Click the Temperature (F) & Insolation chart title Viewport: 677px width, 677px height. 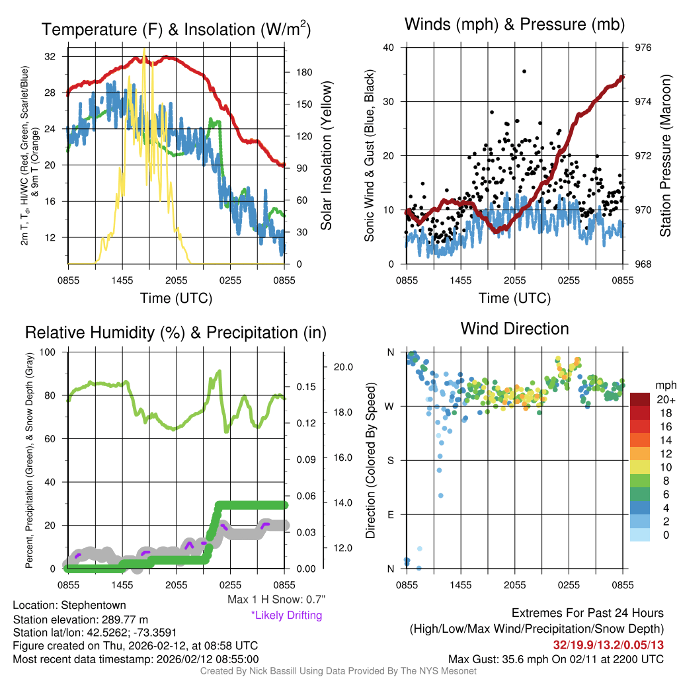176,29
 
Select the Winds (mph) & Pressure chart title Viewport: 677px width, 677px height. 514,25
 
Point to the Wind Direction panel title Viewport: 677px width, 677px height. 514,328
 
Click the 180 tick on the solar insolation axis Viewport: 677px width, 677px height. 301,73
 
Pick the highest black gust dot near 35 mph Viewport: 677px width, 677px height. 524,71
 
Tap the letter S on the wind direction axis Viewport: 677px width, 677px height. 391,460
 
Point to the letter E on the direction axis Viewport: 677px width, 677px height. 391,514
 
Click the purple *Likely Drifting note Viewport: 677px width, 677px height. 286,615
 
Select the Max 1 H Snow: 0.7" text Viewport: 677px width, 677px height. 276,600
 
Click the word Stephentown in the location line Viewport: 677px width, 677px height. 93,605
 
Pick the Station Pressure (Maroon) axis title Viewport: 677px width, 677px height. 665,156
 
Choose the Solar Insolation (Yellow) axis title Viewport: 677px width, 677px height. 326,156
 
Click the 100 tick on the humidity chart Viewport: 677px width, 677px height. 48,352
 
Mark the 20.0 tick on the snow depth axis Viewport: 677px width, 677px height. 344,367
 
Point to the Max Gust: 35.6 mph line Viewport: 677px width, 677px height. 555,658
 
